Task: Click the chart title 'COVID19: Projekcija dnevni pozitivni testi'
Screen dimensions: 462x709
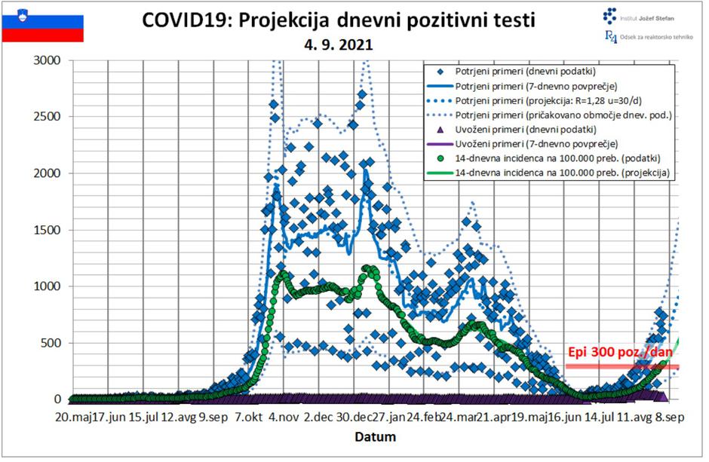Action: click(x=339, y=20)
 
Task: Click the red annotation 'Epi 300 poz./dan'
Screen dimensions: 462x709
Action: click(x=619, y=353)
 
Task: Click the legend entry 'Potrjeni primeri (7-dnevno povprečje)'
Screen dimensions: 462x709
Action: click(x=536, y=86)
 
